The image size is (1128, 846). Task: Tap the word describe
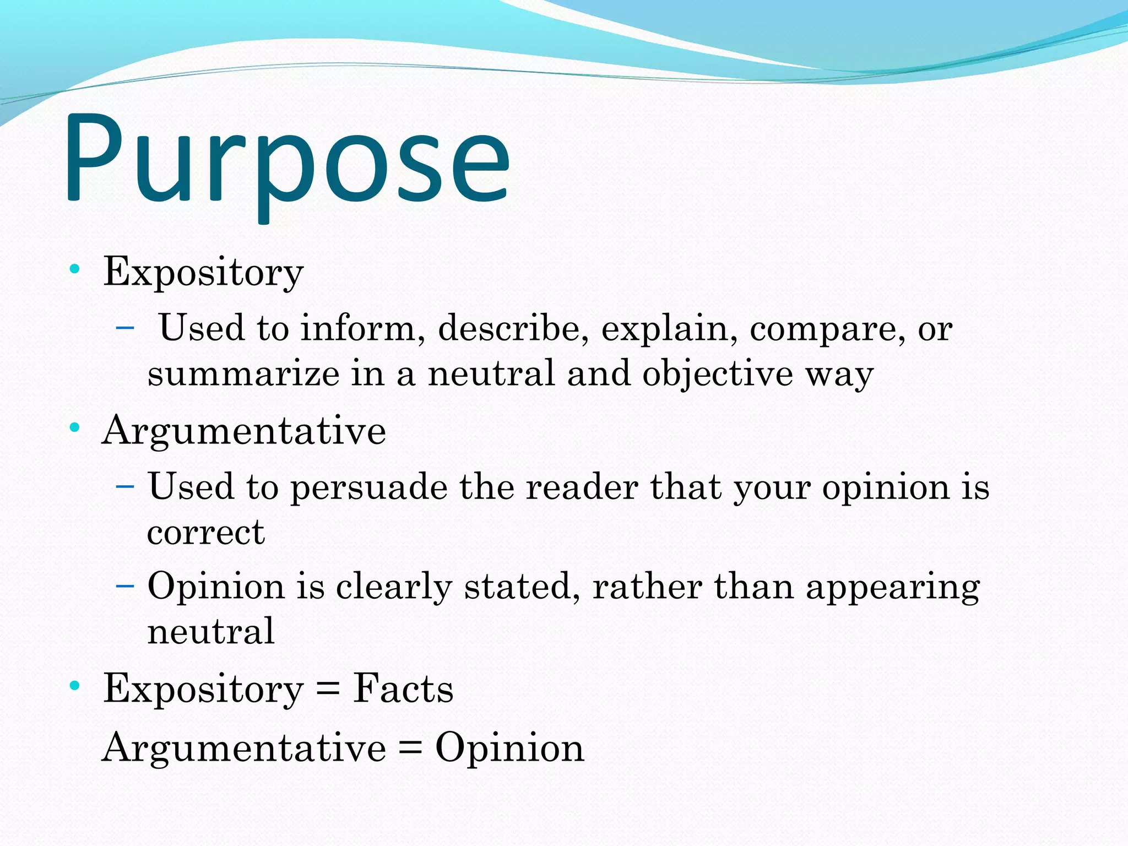tap(513, 328)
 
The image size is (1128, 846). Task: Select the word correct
tap(206, 533)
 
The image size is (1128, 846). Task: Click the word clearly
tap(394, 587)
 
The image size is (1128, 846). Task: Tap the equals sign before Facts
tap(328, 690)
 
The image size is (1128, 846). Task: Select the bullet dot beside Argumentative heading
tap(75, 428)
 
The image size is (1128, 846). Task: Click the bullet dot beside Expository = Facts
tap(75, 686)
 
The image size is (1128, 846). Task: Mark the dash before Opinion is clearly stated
tap(125, 584)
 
